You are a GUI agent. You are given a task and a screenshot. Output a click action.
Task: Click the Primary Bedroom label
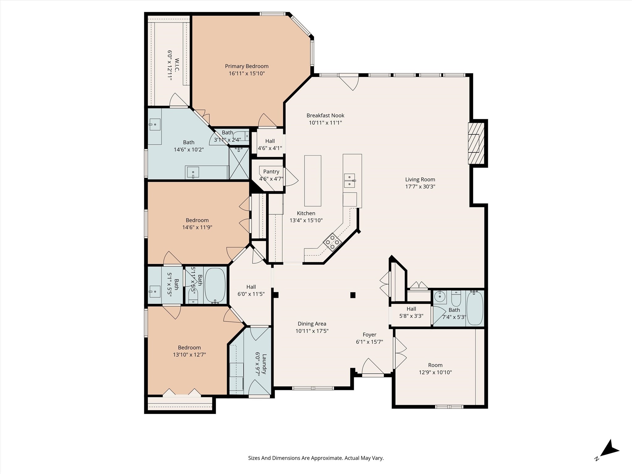click(247, 66)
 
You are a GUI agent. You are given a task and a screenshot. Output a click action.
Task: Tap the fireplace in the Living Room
click(475, 143)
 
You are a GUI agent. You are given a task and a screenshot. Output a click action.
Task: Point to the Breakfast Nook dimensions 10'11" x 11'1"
click(325, 123)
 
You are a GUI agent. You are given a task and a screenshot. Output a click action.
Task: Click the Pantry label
click(271, 172)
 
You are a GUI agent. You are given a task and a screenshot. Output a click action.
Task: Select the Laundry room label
click(264, 364)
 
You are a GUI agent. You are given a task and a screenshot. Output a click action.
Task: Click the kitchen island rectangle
click(313, 181)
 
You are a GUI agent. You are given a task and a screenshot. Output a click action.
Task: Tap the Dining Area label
click(312, 324)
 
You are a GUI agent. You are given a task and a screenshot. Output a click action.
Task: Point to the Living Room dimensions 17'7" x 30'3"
click(420, 186)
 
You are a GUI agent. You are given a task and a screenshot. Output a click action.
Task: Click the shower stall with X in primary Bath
click(239, 164)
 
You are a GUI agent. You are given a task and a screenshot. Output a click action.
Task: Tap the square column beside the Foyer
click(353, 295)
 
